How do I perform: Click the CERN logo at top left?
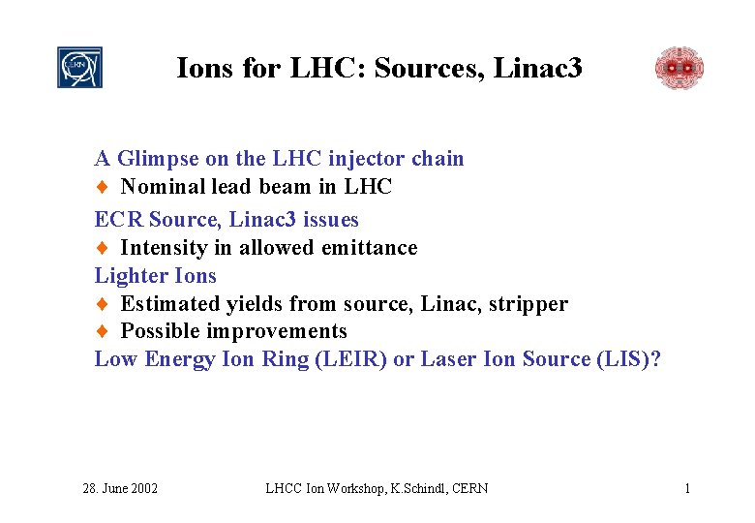tap(79, 68)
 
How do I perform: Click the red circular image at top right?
tap(679, 68)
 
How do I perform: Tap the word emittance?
tap(370, 248)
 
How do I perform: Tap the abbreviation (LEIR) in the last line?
tap(354, 359)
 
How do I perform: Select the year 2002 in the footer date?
tap(142, 488)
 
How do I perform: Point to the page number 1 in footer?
tap(687, 488)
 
